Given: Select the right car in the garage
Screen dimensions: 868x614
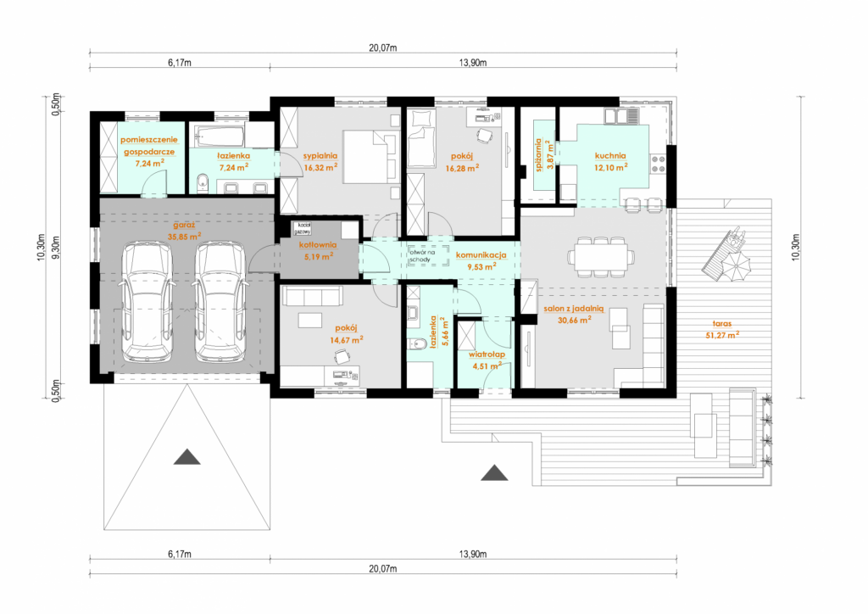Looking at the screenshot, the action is point(220,302).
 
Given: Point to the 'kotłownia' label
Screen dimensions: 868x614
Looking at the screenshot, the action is point(318,245).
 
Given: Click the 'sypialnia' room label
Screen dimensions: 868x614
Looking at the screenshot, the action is point(320,156).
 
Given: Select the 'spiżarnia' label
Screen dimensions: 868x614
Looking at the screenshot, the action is point(538,155).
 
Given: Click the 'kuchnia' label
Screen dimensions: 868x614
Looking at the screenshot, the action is point(610,155).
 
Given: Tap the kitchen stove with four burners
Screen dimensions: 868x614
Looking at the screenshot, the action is point(658,164).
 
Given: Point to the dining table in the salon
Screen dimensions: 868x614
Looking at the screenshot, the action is point(601,257).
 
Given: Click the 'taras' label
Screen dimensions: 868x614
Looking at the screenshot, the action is point(722,323).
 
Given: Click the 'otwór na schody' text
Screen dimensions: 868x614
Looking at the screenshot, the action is point(422,256).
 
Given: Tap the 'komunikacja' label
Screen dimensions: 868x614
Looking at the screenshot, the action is point(481,255).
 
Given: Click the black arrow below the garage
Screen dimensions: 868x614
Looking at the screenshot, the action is point(187,457).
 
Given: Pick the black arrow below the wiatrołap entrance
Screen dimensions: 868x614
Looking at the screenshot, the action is point(494,473).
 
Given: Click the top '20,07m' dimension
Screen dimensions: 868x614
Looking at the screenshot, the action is point(383,47).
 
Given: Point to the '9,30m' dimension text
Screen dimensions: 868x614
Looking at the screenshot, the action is point(55,248).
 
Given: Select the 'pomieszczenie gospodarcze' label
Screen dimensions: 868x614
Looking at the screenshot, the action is point(149,146).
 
